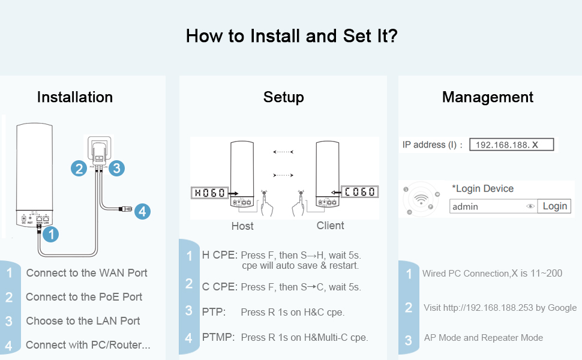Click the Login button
coord(554,206)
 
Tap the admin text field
coord(486,206)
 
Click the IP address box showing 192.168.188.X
coord(511,145)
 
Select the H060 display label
coord(209,193)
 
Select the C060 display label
coord(359,193)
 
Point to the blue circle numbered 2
coord(79,169)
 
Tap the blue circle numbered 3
coord(116,169)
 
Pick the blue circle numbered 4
coord(142,211)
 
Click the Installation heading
coord(75,97)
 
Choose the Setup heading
coord(283,97)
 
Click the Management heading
coord(488,97)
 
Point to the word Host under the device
coord(242,226)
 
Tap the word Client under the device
coord(331,226)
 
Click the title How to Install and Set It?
coord(292,35)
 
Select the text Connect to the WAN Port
coord(86,273)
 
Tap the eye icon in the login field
coord(530,206)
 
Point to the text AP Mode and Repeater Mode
coord(483,338)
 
